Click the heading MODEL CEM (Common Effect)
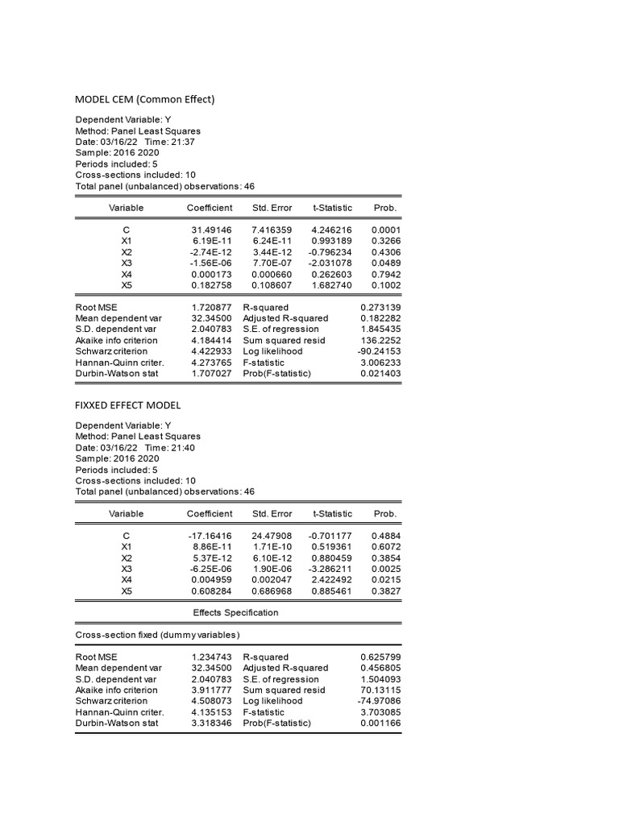145,100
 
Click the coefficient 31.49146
211,230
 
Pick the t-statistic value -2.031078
330,263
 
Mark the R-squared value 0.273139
380,308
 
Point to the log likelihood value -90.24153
379,352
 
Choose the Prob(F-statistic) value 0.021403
380,374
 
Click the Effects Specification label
235,612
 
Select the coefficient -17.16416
210,535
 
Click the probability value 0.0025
386,568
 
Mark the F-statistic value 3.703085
380,712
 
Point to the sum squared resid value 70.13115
380,690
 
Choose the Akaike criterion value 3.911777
211,690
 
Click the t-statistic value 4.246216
331,230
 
